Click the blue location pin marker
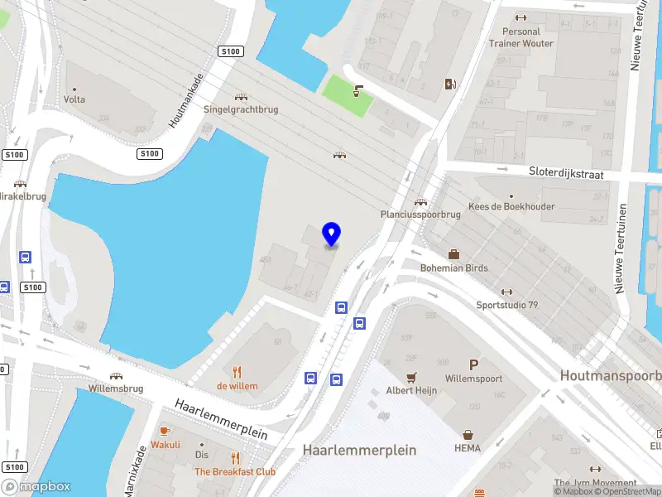point(332,234)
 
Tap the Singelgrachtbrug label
point(241,109)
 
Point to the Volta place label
point(74,99)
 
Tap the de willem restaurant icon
point(237,371)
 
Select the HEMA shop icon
point(468,434)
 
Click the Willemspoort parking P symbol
point(474,364)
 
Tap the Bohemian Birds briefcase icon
point(453,254)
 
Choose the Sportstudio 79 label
point(506,305)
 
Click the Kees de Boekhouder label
point(511,206)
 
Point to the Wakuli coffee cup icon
point(165,431)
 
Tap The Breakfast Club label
point(234,472)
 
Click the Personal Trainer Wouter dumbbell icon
point(520,17)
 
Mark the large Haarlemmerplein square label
point(359,451)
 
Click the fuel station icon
point(450,84)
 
